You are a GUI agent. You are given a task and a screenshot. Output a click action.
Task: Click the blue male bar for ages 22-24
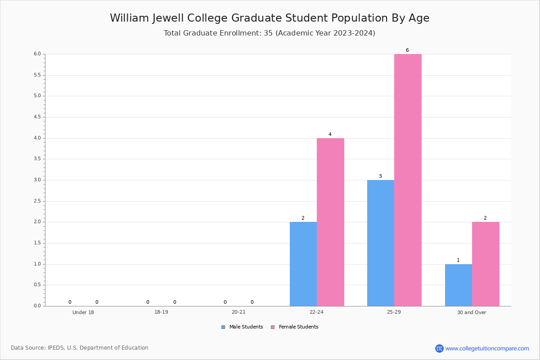303,264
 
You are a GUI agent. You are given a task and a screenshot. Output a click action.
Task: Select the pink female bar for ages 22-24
330,222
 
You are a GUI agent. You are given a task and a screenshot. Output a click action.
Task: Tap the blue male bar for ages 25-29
381,243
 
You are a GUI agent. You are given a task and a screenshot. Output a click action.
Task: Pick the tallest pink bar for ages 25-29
408,180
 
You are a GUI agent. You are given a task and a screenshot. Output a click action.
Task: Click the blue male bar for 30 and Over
459,285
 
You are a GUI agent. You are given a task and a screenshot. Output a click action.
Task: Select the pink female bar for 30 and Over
486,264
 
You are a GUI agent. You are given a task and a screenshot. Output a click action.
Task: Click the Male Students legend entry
242,327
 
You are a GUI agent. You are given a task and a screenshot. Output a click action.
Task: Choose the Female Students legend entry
295,327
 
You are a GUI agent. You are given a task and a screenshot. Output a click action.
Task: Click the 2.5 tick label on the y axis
38,201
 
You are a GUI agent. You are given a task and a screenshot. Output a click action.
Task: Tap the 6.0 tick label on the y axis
38,54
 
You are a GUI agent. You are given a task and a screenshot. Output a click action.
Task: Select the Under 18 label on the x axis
83,312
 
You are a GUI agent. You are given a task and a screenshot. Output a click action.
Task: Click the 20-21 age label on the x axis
238,312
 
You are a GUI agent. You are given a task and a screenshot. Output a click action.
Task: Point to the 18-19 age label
161,312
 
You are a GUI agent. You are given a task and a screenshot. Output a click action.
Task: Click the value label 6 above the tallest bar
407,50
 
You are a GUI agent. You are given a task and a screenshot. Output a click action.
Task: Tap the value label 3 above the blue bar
380,176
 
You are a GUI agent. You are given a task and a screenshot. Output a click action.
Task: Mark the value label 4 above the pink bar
330,134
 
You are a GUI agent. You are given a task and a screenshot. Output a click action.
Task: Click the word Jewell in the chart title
168,18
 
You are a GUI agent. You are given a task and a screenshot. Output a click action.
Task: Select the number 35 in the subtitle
268,33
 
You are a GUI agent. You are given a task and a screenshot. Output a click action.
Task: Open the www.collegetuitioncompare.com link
487,348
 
